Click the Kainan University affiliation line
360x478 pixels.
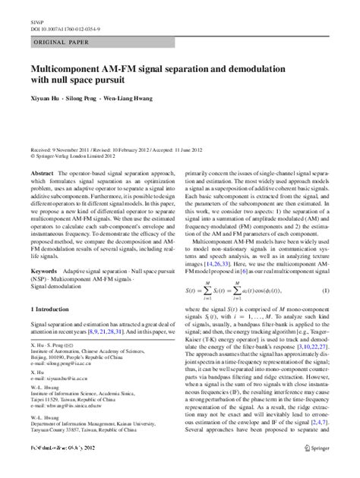[x=99, y=451]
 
